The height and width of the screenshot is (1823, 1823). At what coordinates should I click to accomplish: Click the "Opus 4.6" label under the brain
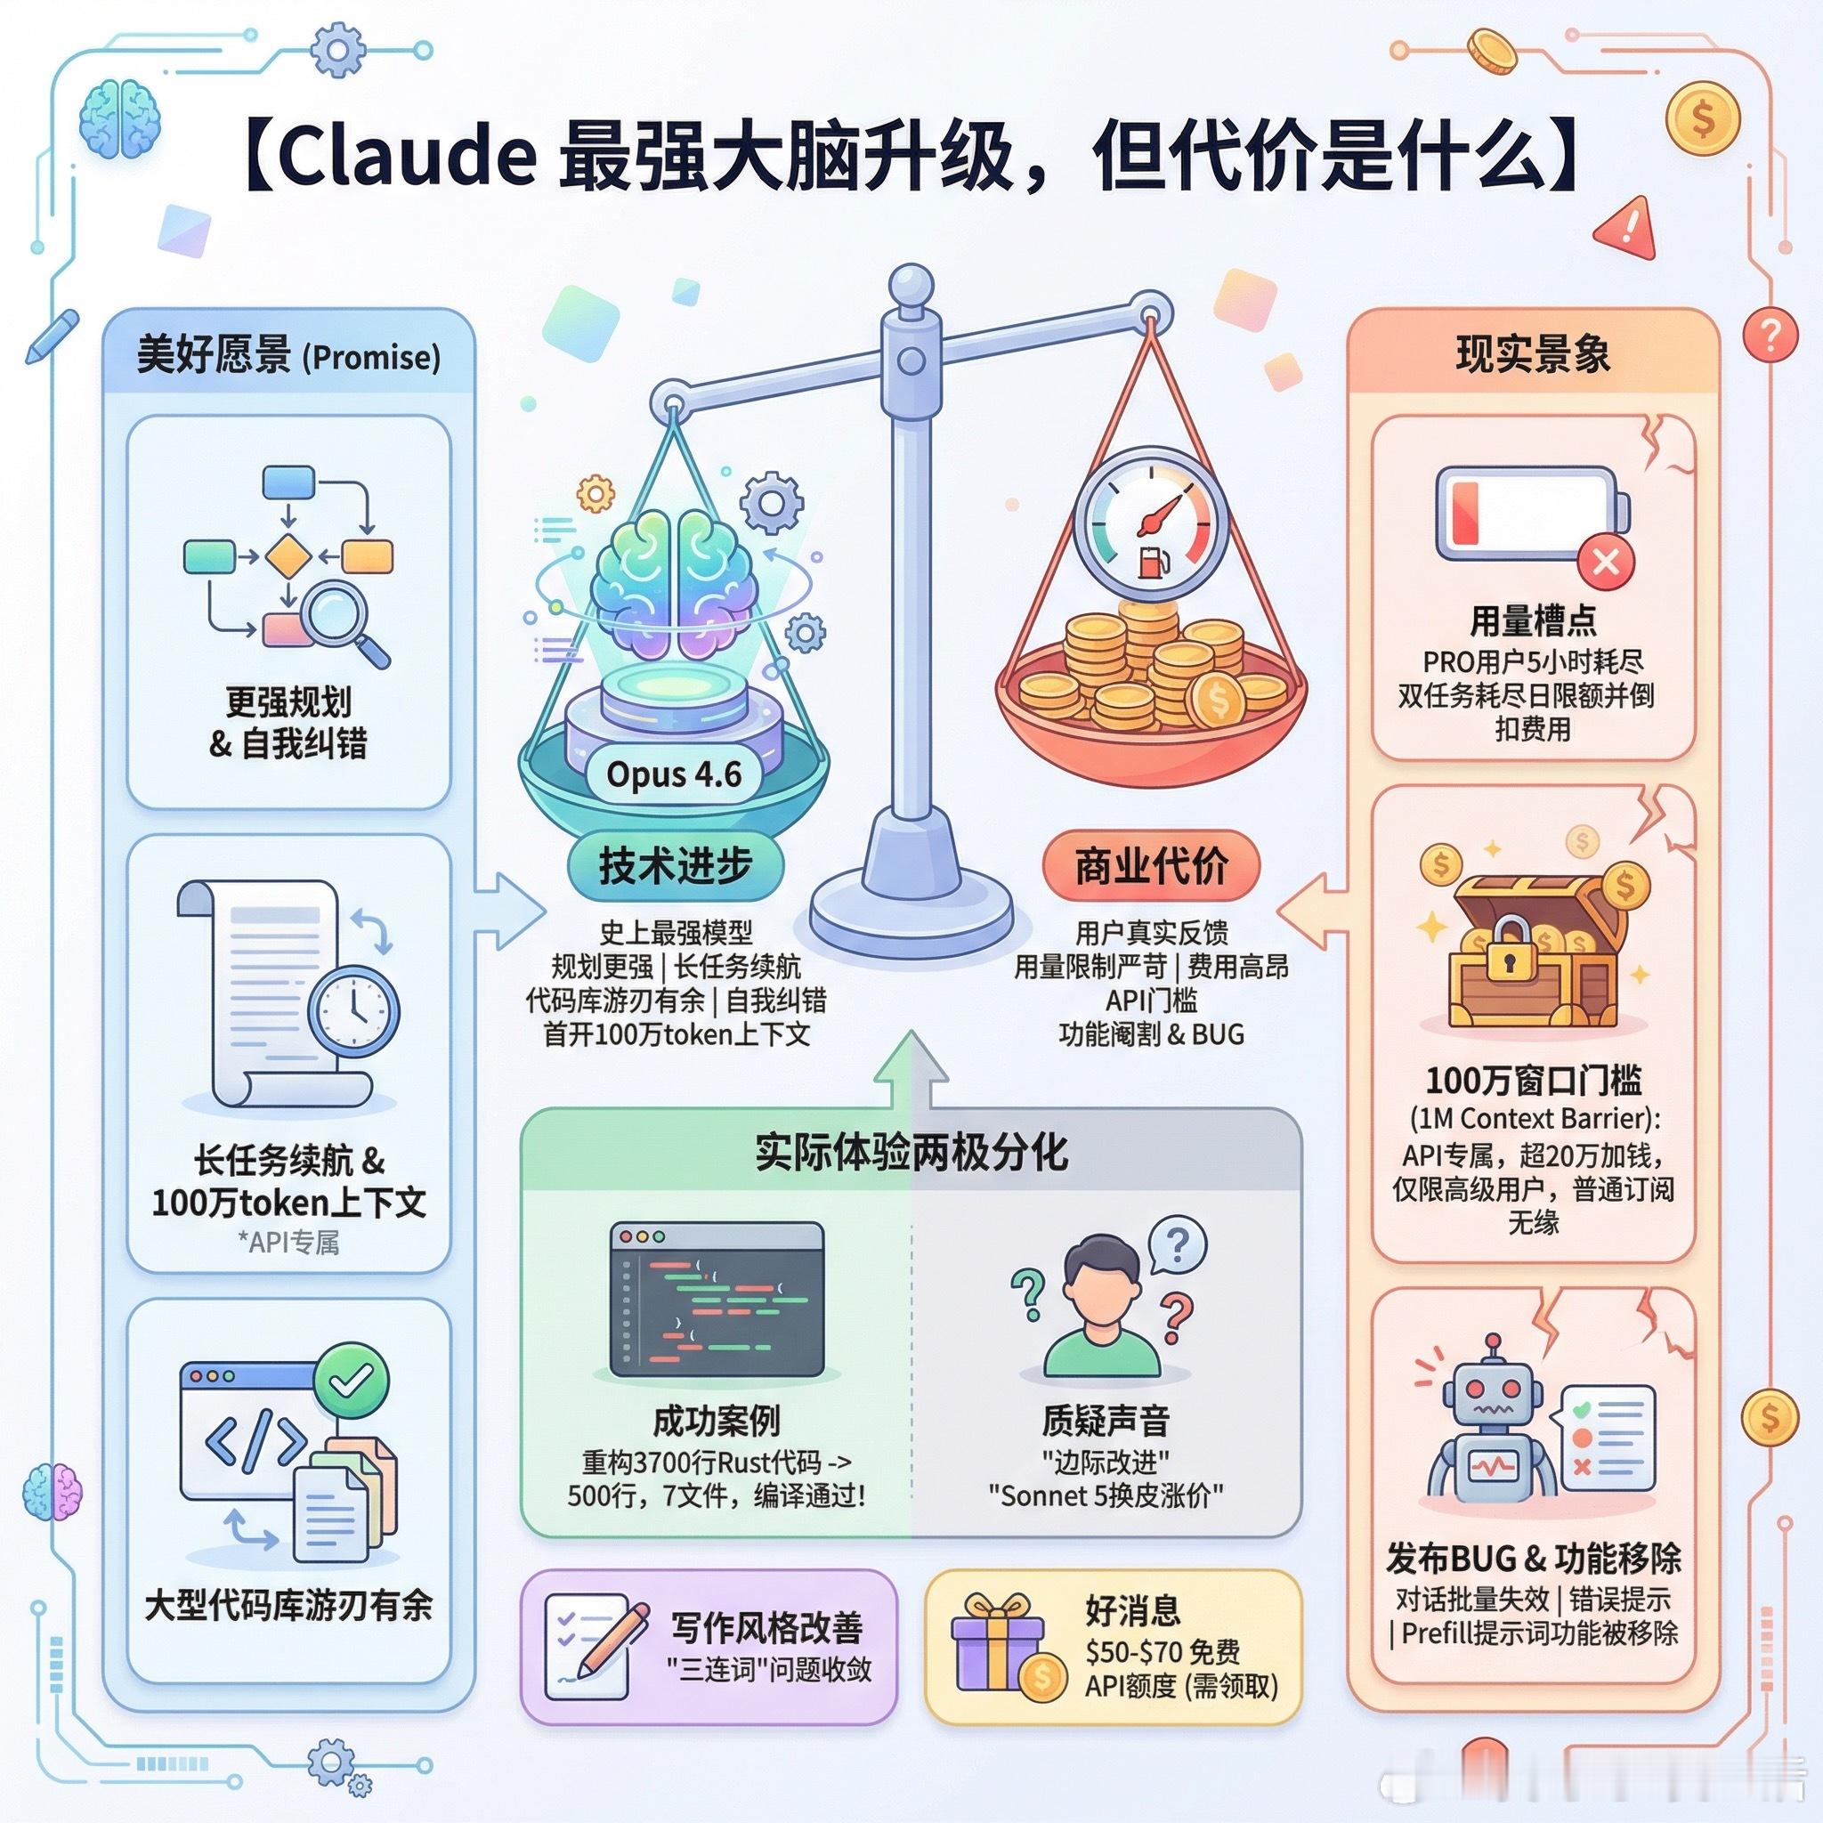click(674, 774)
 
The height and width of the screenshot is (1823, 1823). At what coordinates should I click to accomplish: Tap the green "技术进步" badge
click(676, 865)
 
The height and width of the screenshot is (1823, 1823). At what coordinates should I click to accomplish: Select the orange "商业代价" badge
click(1151, 865)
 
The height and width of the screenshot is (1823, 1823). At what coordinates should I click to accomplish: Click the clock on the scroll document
click(354, 1009)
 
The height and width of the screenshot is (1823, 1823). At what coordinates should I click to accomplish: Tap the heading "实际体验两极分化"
click(911, 1152)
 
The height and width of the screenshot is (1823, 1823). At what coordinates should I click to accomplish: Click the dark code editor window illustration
click(717, 1300)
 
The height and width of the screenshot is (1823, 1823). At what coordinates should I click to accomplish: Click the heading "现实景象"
click(1533, 355)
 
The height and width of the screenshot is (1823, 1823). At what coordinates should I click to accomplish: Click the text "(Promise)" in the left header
click(371, 358)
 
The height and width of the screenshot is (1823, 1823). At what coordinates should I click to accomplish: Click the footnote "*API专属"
click(288, 1243)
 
